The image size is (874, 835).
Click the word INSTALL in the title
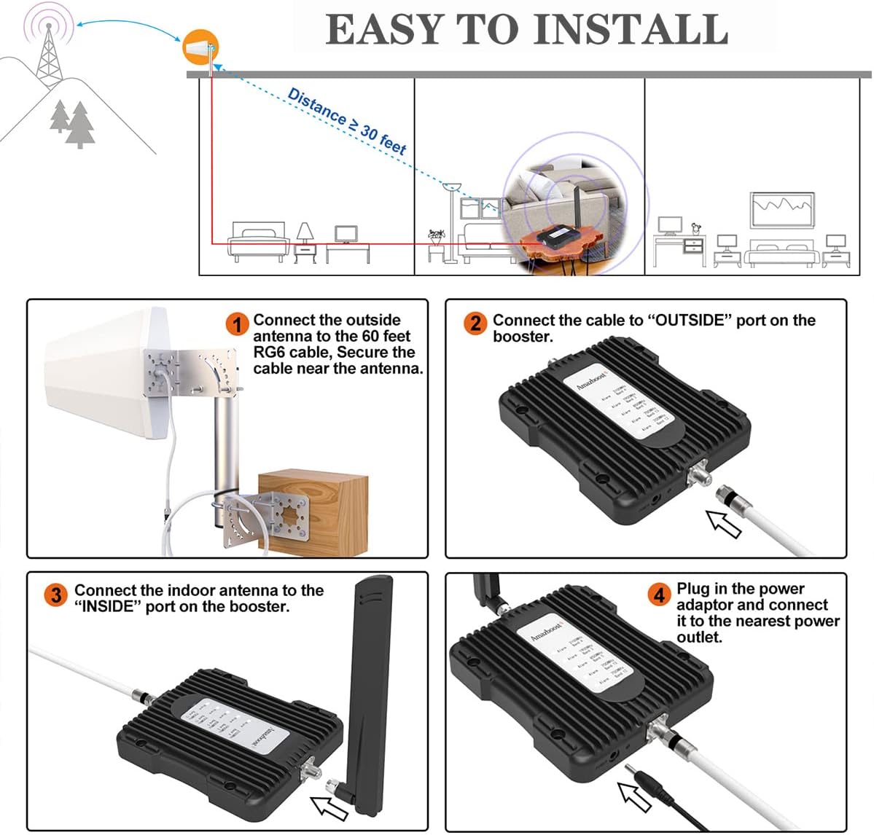pos(631,29)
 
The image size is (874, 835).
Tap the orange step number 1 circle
pos(237,324)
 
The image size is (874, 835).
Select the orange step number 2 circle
pos(475,323)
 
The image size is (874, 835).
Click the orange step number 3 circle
pos(56,595)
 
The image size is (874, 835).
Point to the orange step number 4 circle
pos(659,595)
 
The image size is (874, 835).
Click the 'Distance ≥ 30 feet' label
pos(347,121)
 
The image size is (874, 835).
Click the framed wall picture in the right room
pos(782,210)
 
